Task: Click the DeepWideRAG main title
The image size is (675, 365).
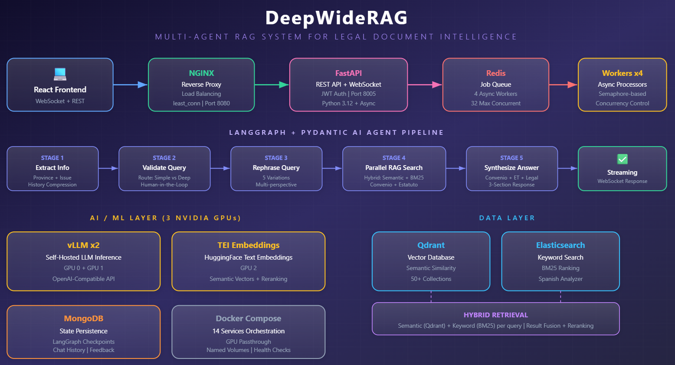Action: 337,18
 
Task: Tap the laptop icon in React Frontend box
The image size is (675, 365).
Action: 60,74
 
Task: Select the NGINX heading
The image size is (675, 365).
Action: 201,73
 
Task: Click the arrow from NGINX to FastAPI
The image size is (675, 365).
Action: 272,85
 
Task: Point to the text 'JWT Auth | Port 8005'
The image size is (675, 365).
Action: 348,94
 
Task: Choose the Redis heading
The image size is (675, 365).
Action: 495,73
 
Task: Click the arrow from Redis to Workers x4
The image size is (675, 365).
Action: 563,85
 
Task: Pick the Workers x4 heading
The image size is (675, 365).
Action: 622,73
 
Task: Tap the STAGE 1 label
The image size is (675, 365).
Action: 52,158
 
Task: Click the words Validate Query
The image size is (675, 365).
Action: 164,168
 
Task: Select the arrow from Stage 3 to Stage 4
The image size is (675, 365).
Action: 332,168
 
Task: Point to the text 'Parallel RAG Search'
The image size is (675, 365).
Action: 394,168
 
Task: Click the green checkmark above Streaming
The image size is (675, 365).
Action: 622,159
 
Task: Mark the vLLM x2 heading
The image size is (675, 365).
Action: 84,245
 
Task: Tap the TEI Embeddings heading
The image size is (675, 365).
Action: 249,245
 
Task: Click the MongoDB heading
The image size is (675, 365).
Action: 84,319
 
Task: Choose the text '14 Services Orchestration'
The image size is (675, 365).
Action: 249,331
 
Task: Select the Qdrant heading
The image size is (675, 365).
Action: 431,245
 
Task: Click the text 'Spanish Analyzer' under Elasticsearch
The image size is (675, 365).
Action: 560,279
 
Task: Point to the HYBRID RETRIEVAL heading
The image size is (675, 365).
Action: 495,315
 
